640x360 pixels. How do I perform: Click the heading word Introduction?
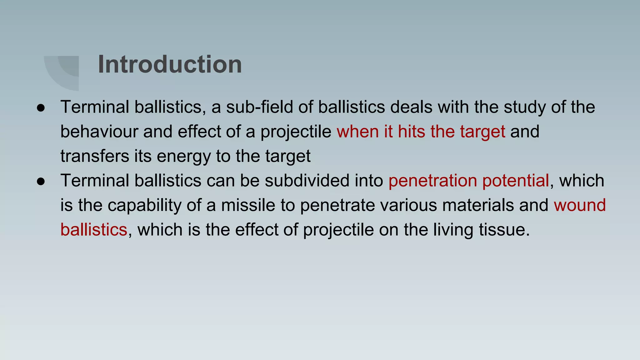point(170,64)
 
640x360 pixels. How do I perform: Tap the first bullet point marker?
point(41,108)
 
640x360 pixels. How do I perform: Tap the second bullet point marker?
point(41,182)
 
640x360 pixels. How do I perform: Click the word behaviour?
point(99,132)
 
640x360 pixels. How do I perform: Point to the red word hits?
point(411,132)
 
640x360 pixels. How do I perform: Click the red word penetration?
point(432,181)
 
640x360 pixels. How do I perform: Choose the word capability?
point(144,206)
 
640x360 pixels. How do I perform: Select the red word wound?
point(580,205)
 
